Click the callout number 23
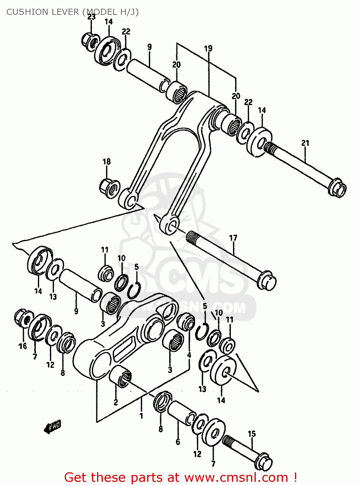coord(92,17)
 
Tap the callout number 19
coord(208,48)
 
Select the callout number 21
coord(305,143)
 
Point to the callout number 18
coord(106,161)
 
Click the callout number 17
coord(233,238)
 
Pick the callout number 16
coord(22,346)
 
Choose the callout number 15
coord(252,434)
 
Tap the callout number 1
coord(141,416)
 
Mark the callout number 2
coord(116,403)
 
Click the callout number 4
coord(189,355)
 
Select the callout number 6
coord(178,442)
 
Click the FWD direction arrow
coord(52,428)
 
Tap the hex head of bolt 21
coord(338,188)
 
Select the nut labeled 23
coord(89,41)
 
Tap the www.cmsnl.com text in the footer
coord(236,477)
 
